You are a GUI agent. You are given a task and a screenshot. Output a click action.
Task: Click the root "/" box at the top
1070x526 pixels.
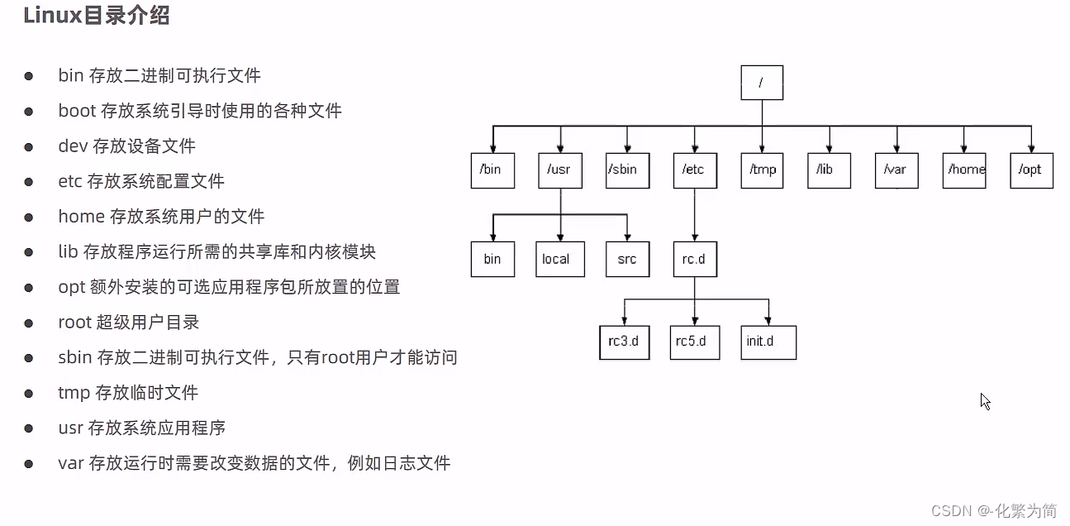click(762, 83)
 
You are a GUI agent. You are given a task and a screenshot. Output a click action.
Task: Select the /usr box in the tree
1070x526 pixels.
click(559, 170)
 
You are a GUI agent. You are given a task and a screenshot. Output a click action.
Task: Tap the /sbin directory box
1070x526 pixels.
click(627, 170)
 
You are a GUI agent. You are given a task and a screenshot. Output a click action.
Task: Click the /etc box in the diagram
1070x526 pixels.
click(694, 170)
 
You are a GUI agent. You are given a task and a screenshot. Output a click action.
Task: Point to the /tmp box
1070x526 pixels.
click(762, 170)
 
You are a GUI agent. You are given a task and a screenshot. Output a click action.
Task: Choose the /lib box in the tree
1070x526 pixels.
click(829, 170)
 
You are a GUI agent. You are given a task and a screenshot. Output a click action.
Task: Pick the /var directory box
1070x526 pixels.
click(896, 170)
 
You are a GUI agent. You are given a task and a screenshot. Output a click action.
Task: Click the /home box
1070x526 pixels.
click(964, 170)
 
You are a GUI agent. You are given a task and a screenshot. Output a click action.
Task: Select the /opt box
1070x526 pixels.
click(1031, 170)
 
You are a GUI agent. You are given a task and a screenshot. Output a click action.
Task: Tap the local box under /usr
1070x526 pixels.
click(559, 259)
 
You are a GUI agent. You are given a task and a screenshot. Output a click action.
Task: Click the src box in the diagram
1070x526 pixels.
click(627, 259)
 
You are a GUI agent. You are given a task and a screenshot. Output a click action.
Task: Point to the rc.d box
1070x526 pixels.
click(694, 259)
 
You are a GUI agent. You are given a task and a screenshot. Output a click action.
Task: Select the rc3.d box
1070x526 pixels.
click(624, 342)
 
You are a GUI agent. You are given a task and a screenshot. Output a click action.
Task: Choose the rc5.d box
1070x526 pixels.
click(694, 342)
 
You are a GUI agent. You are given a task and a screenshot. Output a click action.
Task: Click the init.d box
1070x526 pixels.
click(768, 342)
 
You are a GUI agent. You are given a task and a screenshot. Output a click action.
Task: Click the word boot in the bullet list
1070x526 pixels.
click(76, 111)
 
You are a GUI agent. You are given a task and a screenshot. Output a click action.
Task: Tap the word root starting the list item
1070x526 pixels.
click(74, 323)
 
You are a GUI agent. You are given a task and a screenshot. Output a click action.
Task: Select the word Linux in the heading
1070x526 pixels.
click(52, 16)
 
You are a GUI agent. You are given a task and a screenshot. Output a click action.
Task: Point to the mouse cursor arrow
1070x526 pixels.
click(984, 400)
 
